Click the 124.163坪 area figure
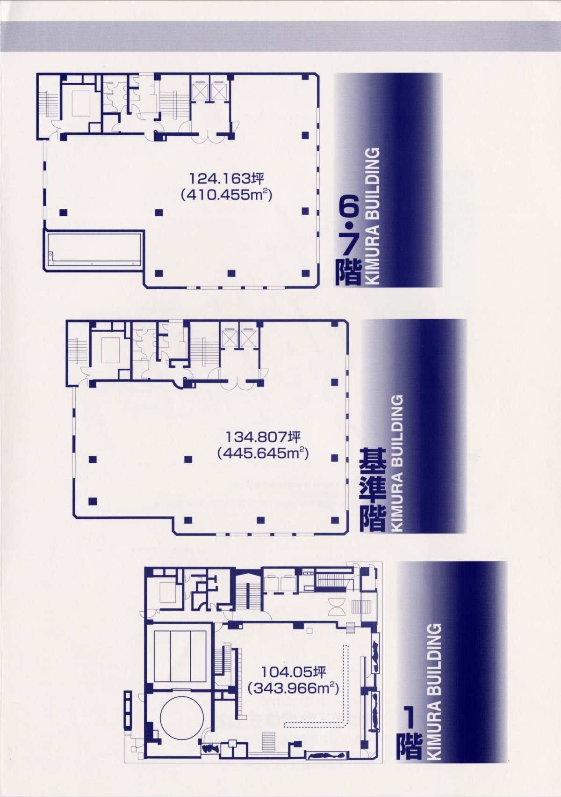226,177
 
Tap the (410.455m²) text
226,195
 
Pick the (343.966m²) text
293,689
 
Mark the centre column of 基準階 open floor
188,459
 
